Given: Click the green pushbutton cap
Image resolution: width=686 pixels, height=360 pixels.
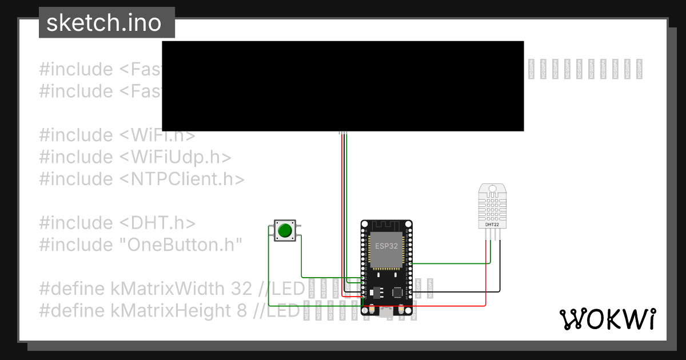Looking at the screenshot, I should click(x=284, y=231).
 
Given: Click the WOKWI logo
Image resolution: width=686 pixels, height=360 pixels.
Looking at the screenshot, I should click(x=607, y=319).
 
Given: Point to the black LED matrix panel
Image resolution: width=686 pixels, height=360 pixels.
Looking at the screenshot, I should click(x=343, y=86).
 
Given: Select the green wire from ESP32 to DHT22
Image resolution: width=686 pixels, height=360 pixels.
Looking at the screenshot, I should click(x=452, y=263).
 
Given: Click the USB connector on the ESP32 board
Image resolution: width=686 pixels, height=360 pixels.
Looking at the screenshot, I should click(x=386, y=313).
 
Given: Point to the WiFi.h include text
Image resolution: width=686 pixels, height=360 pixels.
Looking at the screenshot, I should click(x=157, y=135).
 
